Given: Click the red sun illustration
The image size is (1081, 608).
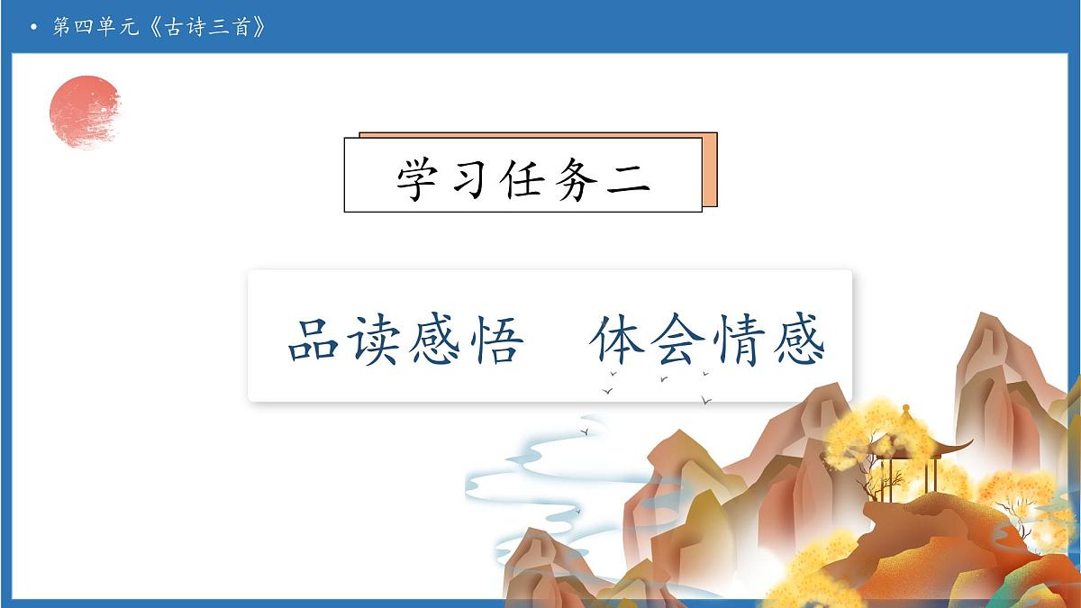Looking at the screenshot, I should pyautogui.click(x=85, y=112).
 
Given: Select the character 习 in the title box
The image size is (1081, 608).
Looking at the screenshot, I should pyautogui.click(x=471, y=177).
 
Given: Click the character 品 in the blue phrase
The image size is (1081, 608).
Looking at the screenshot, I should pyautogui.click(x=314, y=340).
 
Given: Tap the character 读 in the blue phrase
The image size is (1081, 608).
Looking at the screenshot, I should pyautogui.click(x=375, y=340).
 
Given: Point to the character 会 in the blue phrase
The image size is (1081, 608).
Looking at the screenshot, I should pyautogui.click(x=677, y=340).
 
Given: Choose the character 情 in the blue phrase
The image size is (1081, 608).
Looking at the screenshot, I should pyautogui.click(x=737, y=340).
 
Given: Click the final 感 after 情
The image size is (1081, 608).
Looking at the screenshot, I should pyautogui.click(x=796, y=340).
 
